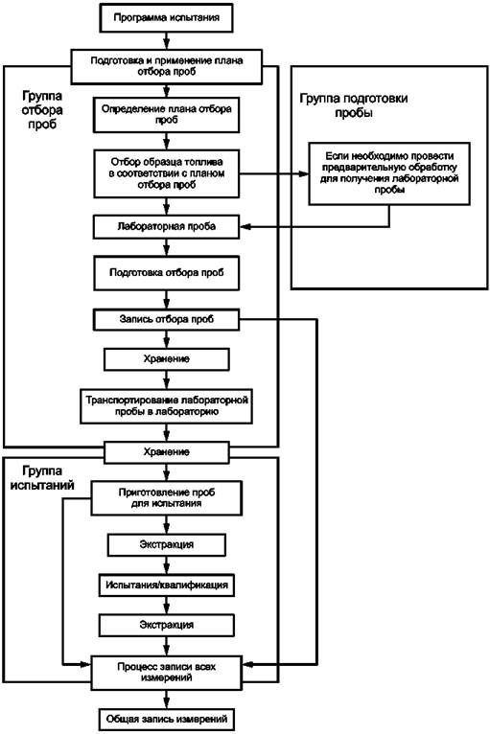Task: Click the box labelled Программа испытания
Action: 166,18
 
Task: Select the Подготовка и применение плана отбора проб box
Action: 166,66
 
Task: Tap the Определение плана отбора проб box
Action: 166,115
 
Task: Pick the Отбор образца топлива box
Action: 166,173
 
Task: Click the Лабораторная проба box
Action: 166,226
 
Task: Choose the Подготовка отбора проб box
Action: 166,273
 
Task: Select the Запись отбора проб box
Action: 166,320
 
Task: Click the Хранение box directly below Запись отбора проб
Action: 166,359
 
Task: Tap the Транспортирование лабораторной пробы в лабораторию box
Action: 166,406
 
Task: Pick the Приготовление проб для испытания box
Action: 166,498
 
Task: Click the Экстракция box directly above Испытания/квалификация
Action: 166,545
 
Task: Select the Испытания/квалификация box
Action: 166,585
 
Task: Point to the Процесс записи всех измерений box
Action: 166,673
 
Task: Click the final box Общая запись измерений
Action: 166,719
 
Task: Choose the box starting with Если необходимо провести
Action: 389,173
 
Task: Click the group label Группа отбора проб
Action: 42,110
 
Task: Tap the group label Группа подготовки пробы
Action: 354,105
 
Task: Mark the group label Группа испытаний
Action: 42,478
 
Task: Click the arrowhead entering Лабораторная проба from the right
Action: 245,227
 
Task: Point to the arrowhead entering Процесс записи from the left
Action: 84,664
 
